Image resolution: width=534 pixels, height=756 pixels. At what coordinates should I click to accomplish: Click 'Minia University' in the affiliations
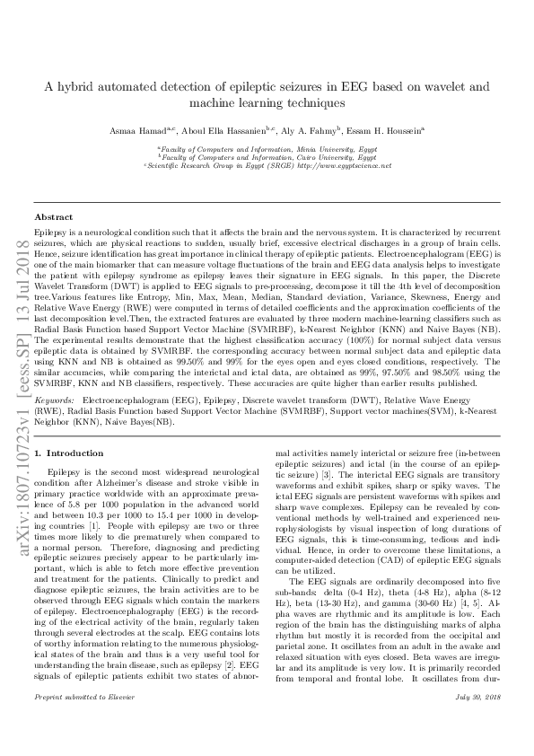pyautogui.click(x=320, y=149)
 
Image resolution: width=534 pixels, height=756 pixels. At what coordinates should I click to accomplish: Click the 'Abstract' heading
pyautogui.click(x=53, y=218)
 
